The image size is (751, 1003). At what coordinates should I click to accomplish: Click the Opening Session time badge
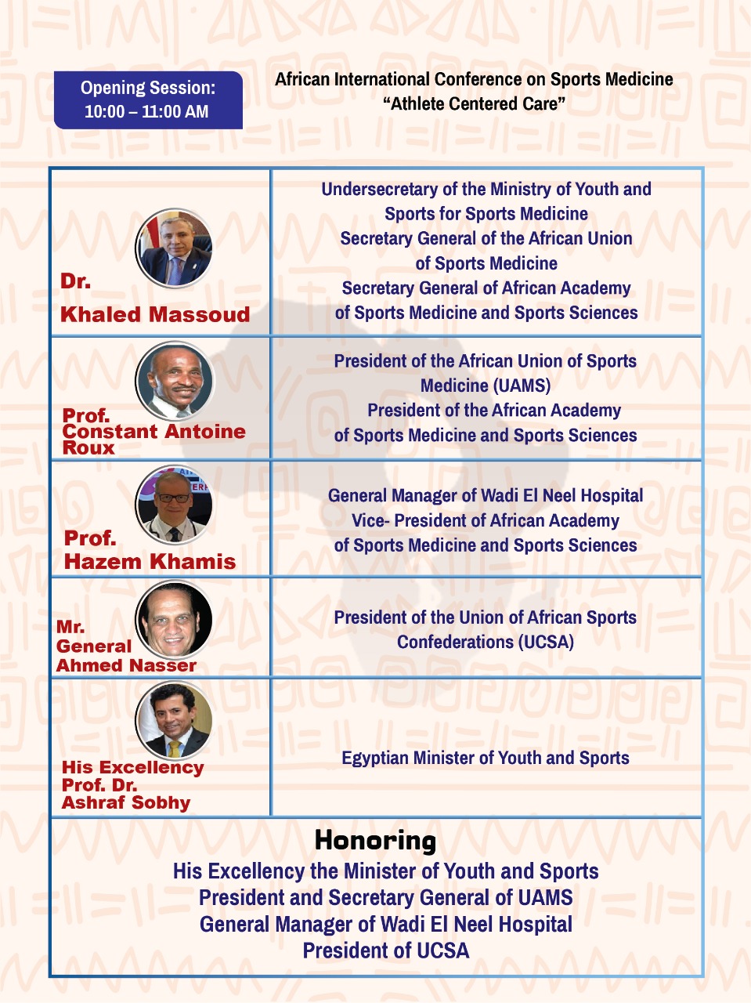coord(148,100)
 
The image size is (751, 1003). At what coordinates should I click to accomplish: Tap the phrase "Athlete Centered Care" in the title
coord(474,104)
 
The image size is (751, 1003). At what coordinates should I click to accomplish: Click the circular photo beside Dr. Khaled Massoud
coord(174,248)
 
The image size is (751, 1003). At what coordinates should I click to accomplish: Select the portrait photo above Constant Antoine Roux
coord(174,381)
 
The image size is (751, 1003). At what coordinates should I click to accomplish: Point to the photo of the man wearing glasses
coord(174,504)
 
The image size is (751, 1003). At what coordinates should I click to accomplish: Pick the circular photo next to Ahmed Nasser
coord(174,620)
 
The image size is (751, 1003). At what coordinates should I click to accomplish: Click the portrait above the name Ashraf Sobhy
coord(174,720)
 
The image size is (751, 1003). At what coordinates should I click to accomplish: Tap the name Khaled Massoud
coord(155,315)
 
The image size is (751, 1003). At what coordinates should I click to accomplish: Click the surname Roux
coord(88,448)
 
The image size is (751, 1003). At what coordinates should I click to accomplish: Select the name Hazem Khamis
coord(150,562)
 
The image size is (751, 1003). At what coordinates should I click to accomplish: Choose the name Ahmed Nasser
coord(126,665)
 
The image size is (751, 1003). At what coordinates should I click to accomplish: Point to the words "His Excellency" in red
coord(132,768)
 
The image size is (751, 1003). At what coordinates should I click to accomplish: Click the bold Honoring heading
coord(375,841)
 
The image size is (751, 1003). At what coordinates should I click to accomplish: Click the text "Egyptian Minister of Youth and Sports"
coord(486,759)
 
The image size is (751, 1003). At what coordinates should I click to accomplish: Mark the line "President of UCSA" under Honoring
coord(386,951)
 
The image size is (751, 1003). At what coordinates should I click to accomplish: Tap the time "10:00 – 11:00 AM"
coord(146,112)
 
